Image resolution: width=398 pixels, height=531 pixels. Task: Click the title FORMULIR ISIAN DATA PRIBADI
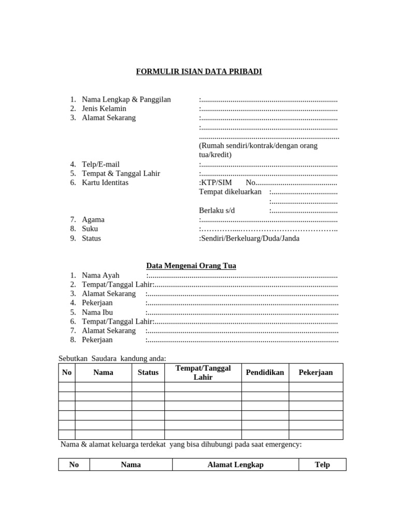(x=199, y=72)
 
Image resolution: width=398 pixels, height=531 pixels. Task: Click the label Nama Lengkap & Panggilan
(x=126, y=99)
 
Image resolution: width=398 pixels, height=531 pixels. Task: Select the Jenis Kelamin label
(x=104, y=108)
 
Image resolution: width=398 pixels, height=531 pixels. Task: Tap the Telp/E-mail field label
(x=101, y=164)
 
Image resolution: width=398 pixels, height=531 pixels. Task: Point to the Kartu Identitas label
(x=105, y=183)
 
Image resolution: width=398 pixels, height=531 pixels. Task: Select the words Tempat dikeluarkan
(x=230, y=192)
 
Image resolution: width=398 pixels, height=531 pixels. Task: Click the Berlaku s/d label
(x=217, y=210)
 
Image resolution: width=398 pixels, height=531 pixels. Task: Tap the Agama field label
(x=93, y=219)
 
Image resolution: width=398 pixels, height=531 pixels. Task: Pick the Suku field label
(x=90, y=229)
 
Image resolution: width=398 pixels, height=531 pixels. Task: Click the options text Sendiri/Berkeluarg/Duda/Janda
(x=250, y=239)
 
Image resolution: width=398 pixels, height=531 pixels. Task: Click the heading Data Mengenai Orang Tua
(x=191, y=265)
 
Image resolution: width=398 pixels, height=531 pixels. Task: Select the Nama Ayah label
(x=101, y=275)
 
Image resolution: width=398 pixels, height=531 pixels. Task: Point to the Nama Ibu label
(x=97, y=312)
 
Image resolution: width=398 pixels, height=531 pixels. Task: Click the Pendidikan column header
(x=265, y=372)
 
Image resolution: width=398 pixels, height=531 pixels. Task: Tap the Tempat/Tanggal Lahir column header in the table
(x=203, y=372)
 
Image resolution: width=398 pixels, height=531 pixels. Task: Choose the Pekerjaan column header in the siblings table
(x=316, y=372)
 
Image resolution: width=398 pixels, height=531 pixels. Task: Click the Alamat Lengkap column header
(x=235, y=465)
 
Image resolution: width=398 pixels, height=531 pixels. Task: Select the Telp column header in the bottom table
(x=322, y=465)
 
